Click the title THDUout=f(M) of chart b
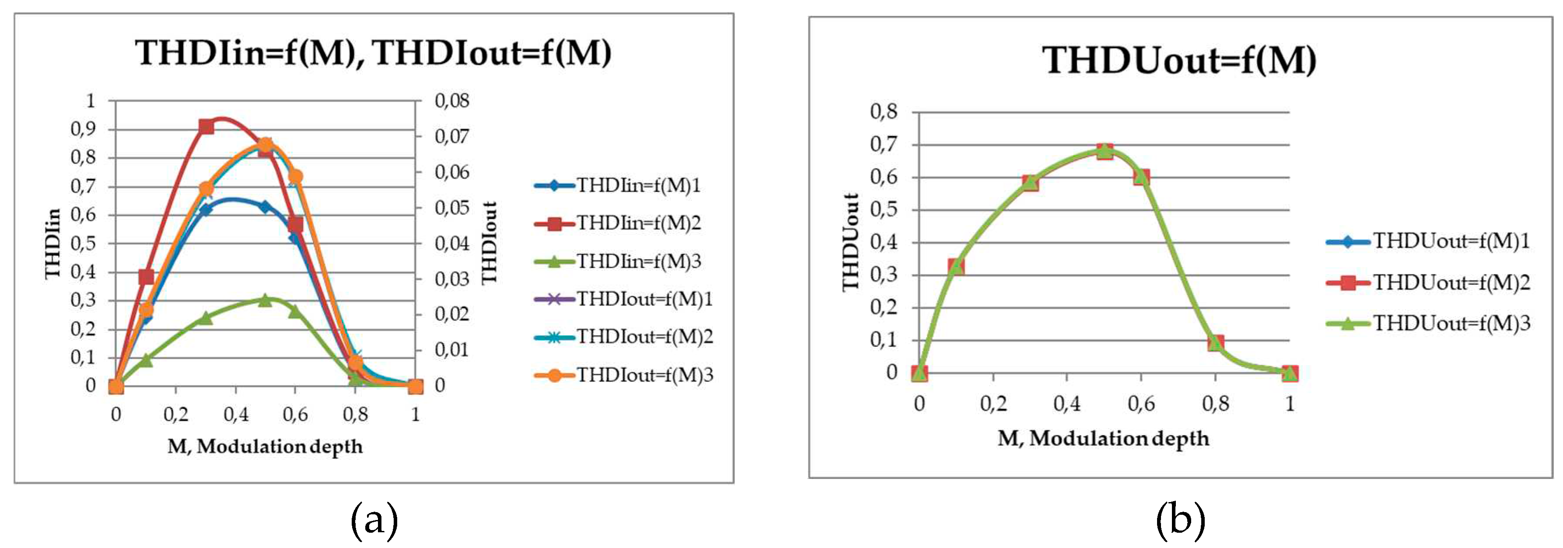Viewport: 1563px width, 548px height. (1179, 61)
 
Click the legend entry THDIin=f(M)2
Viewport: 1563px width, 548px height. (638, 223)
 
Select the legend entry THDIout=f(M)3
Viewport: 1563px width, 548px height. (644, 376)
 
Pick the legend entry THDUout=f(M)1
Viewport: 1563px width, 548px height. (1451, 241)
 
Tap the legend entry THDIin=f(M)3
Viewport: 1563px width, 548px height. (638, 262)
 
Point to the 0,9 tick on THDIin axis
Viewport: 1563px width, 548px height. (83, 129)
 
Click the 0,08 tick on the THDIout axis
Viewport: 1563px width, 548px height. (452, 101)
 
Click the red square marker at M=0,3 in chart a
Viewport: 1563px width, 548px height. (206, 127)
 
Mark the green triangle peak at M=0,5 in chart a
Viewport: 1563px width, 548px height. (265, 300)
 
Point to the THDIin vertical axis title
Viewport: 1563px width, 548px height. (53, 243)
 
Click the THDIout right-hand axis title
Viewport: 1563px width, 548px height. (489, 243)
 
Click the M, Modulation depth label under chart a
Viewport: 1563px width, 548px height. (265, 447)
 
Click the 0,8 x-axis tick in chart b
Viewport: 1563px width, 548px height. (1215, 404)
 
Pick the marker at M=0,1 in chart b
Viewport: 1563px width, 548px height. (956, 266)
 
